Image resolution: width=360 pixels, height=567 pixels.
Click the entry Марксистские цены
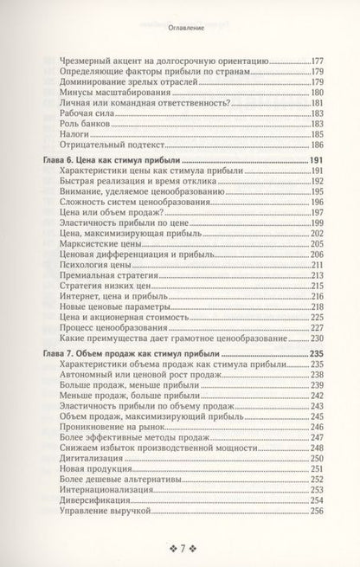pos(97,244)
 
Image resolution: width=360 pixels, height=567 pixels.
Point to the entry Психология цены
pos(94,268)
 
